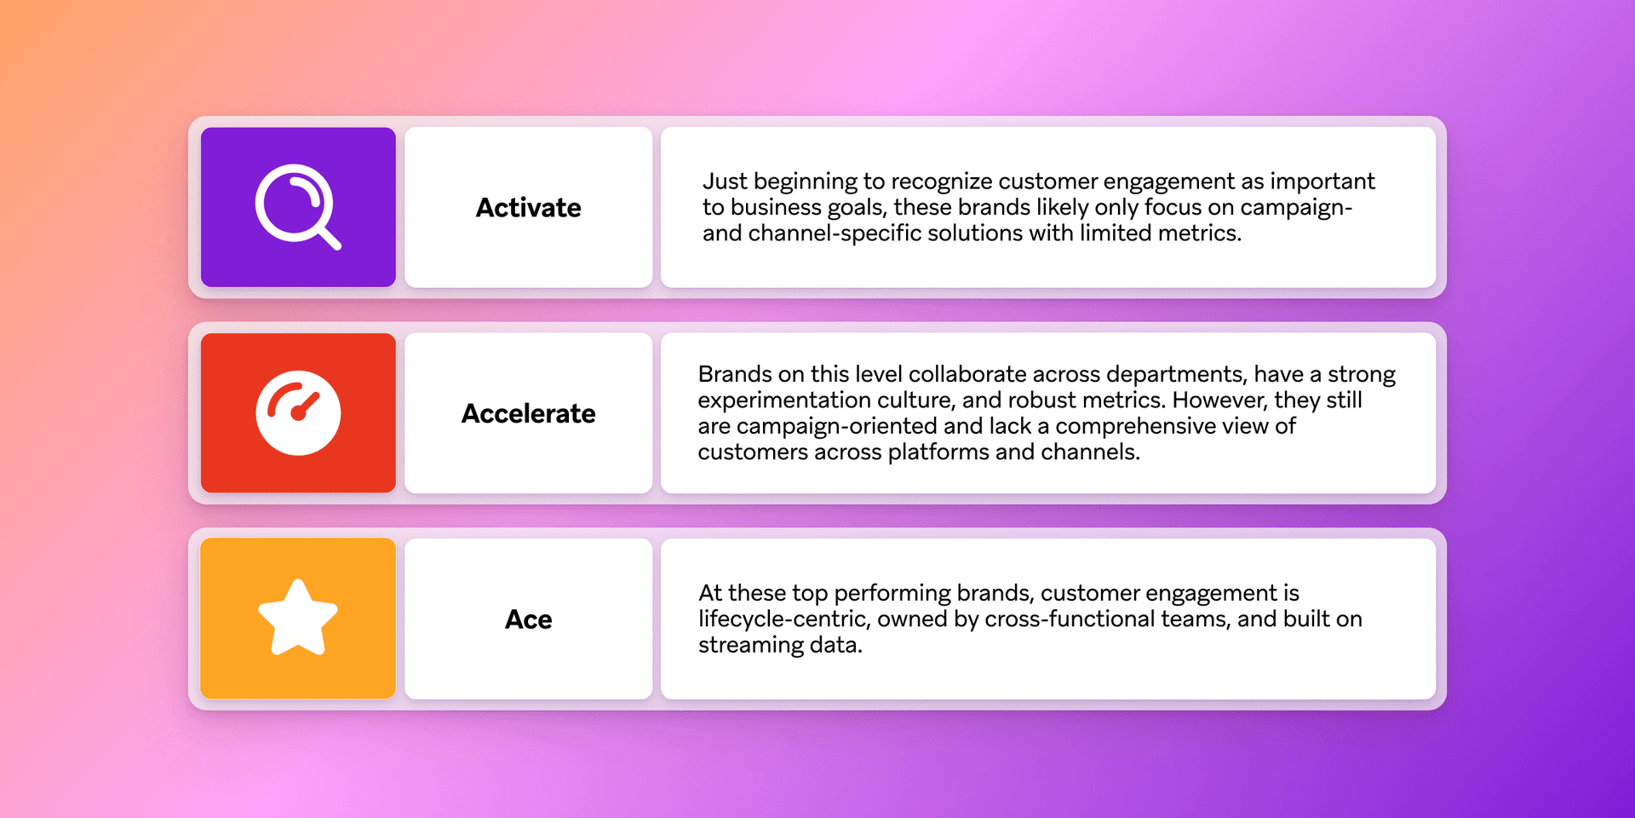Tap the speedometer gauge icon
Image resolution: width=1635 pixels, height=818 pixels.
298,413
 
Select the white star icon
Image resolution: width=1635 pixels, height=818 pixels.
298,619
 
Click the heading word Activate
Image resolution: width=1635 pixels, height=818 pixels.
528,208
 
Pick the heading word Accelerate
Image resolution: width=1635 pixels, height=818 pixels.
528,414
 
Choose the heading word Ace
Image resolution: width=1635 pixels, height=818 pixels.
528,619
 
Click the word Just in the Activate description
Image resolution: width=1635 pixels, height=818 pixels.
725,181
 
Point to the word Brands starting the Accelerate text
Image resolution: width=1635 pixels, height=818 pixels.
735,375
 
